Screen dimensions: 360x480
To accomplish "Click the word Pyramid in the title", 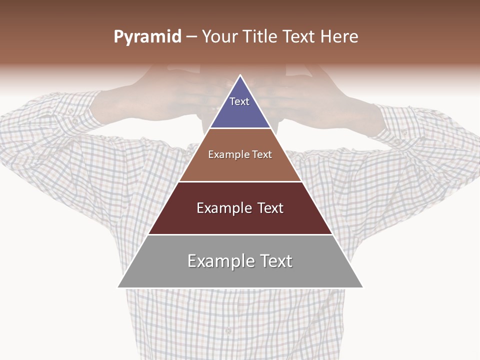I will (x=147, y=37).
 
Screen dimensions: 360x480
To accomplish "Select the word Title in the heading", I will (x=261, y=37).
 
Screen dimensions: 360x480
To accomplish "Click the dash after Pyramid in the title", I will (x=191, y=37).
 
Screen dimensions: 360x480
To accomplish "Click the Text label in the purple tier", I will (x=239, y=101).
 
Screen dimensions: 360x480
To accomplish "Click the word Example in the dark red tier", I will (x=223, y=208).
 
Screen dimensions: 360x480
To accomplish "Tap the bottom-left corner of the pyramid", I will (x=118, y=287).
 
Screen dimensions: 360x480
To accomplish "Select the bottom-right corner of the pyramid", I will (x=362, y=287).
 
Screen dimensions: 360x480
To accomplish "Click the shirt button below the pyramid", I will (x=228, y=330).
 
